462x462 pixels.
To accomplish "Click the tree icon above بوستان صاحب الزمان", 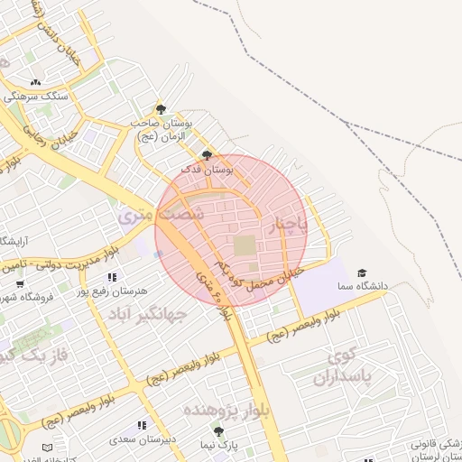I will [x=161, y=109].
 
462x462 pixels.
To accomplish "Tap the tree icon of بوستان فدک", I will [x=208, y=154].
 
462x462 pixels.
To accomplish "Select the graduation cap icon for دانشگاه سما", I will [x=362, y=273].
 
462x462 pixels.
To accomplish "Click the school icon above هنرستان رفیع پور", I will [x=112, y=277].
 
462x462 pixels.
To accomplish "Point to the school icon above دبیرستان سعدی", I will [x=141, y=425].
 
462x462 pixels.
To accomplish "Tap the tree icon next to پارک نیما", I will [x=217, y=432].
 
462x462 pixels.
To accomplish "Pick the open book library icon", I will [x=47, y=448].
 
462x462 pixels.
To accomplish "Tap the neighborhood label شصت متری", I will [x=162, y=217].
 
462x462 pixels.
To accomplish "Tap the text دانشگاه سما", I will [x=363, y=286].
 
